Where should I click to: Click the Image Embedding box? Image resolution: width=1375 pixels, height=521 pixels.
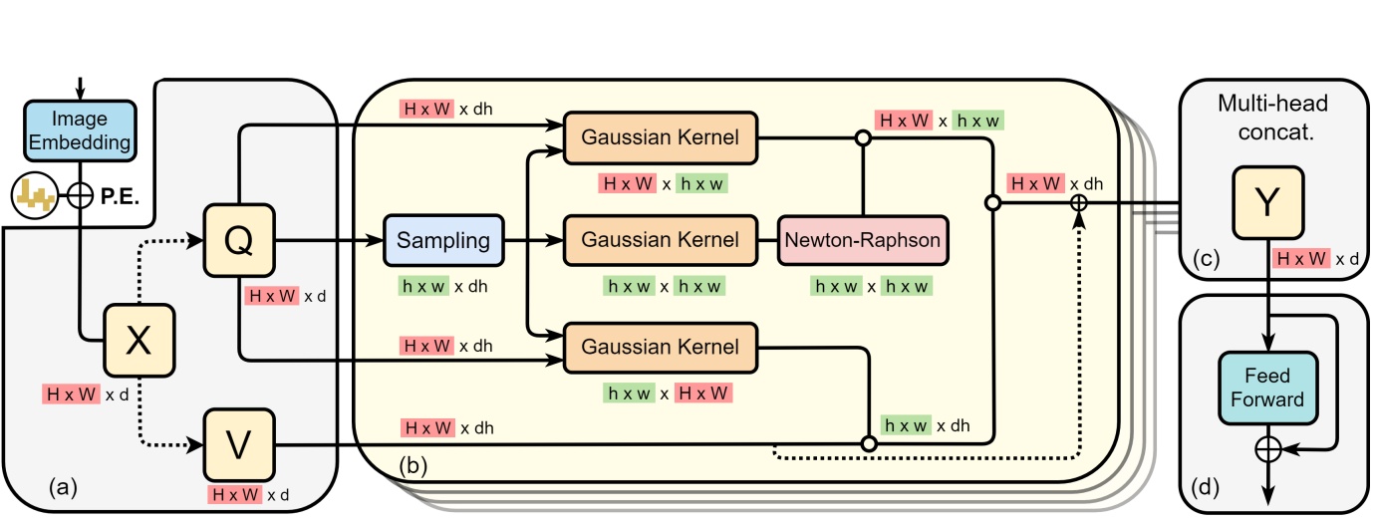[80, 130]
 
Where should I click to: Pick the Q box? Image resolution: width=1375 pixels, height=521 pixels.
[238, 241]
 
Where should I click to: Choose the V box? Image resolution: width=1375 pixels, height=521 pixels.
[238, 444]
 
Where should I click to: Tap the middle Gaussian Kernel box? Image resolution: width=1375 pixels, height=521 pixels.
[660, 240]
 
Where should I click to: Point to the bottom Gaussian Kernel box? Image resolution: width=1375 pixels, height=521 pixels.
[660, 347]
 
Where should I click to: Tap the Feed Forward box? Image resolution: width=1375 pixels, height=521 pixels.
[1266, 389]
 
